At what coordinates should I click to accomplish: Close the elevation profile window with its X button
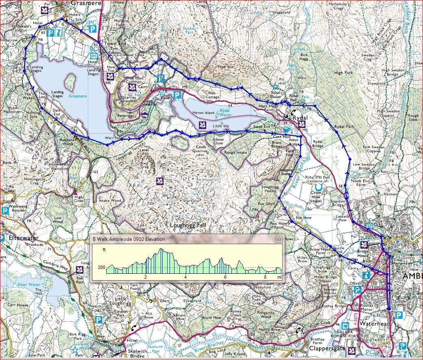[279, 239]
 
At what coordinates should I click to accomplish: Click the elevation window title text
[129, 239]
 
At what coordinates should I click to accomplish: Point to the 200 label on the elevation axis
[102, 267]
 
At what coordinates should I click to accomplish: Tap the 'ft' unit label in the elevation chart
[104, 249]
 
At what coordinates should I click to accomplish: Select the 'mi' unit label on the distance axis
[279, 277]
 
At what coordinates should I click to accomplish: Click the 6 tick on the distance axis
[225, 277]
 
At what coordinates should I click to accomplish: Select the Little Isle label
[221, 126]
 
